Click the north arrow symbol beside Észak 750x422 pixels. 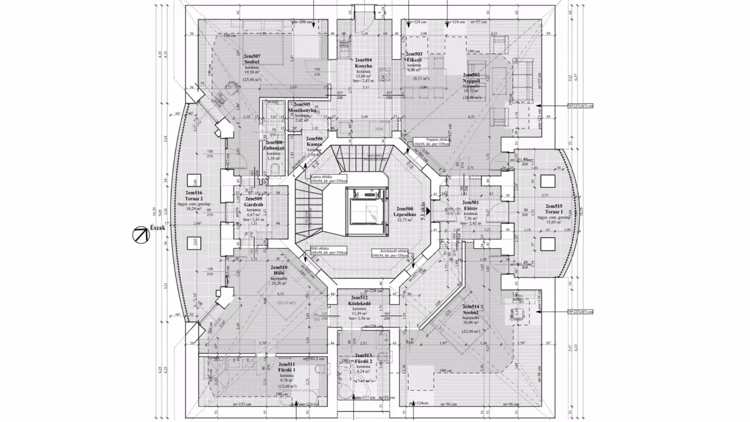pyautogui.click(x=141, y=235)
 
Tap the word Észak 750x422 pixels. pyautogui.click(x=157, y=228)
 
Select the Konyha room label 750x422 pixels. pyautogui.click(x=363, y=66)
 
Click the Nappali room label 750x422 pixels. pyautogui.click(x=471, y=81)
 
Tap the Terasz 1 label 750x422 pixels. pyautogui.click(x=554, y=212)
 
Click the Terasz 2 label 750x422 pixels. pyautogui.click(x=194, y=198)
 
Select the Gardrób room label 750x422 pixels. pyautogui.click(x=254, y=204)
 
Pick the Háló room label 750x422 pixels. pyautogui.click(x=279, y=273)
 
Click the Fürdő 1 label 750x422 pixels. pyautogui.click(x=287, y=370)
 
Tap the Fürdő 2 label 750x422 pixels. pyautogui.click(x=363, y=361)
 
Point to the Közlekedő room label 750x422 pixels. pyautogui.click(x=359, y=304)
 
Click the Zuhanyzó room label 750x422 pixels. pyautogui.click(x=273, y=148)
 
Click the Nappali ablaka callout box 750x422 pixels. pyautogui.click(x=431, y=141)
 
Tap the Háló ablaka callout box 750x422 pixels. pyautogui.click(x=329, y=250)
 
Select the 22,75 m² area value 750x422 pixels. pyautogui.click(x=405, y=220)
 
